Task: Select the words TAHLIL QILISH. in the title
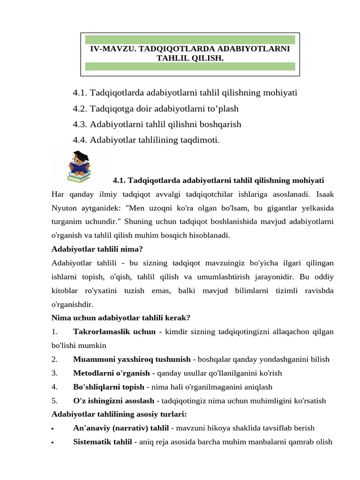point(190,58)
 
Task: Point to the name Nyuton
point(65,207)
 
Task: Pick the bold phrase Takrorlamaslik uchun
point(114,332)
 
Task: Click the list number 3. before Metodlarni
point(54,373)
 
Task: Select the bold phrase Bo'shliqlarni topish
point(109,387)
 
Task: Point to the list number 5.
point(54,401)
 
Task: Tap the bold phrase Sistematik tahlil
point(102,442)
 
